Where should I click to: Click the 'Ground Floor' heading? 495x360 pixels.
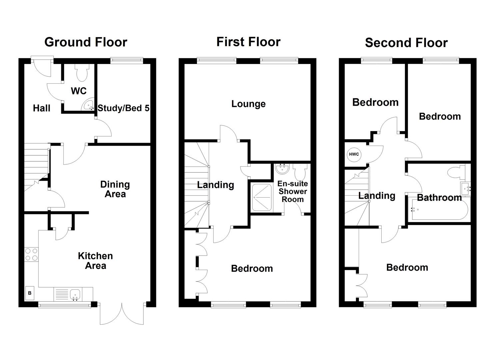(x=86, y=42)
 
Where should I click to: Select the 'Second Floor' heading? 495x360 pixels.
(x=406, y=43)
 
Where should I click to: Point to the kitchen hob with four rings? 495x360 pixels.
(x=31, y=255)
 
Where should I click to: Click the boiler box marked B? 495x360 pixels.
(x=30, y=293)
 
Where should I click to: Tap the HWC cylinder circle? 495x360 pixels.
(x=354, y=154)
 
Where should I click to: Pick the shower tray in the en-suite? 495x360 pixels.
(x=262, y=197)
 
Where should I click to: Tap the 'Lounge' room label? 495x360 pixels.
(x=248, y=104)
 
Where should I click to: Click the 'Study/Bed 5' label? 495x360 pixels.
(x=123, y=108)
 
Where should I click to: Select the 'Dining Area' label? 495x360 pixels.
(x=115, y=189)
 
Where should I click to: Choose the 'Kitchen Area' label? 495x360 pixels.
(x=95, y=261)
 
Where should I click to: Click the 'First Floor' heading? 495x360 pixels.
(x=248, y=42)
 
